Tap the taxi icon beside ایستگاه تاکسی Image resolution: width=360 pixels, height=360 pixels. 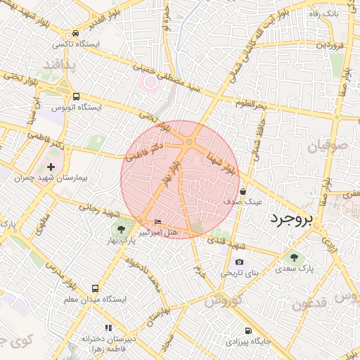[x=75, y=33]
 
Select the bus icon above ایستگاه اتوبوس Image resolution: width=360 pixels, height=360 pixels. [x=76, y=97]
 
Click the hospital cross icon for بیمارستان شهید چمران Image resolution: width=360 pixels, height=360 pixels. [x=51, y=167]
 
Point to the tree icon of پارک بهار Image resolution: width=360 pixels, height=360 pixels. [x=121, y=229]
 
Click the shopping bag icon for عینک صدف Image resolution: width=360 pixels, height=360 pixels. [x=243, y=191]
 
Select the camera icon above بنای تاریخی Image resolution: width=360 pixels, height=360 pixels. [x=239, y=262]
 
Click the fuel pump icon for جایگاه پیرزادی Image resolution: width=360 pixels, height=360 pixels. [x=247, y=331]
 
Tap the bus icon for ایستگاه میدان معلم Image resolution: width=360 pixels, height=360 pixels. [x=96, y=289]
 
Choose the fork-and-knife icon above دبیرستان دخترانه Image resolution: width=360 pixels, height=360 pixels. [x=108, y=328]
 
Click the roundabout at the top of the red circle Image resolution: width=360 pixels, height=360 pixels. [x=190, y=143]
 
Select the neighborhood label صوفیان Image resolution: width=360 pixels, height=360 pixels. [x=328, y=146]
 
